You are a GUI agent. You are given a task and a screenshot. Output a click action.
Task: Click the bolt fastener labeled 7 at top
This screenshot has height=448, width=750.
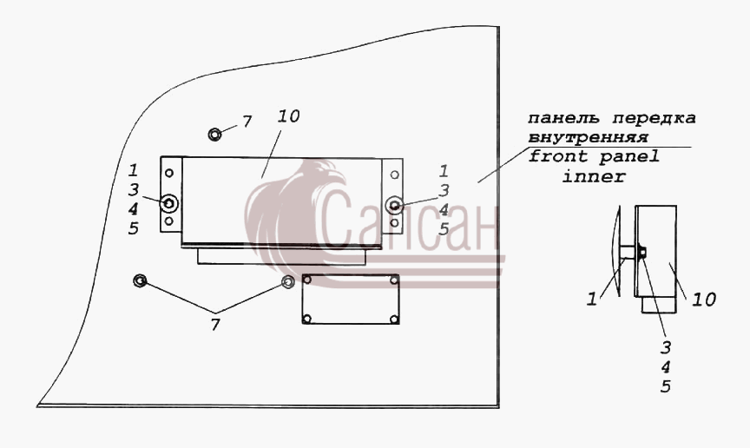coord(214,134)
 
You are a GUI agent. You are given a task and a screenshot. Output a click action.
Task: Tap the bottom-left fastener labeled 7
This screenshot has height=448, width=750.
coord(140,280)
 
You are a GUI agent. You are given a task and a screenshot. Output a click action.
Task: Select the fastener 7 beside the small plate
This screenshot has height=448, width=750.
coord(287,281)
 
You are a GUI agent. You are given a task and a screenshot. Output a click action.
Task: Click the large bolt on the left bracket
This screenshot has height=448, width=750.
coord(169,204)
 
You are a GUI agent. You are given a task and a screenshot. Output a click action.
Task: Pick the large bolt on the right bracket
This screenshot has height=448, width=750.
coord(394,205)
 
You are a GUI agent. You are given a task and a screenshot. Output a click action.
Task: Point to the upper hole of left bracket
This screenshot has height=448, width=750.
coord(169,174)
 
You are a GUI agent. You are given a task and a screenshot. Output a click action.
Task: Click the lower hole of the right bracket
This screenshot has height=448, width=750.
coord(394,223)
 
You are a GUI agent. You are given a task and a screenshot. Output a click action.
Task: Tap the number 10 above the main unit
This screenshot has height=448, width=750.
coord(288,116)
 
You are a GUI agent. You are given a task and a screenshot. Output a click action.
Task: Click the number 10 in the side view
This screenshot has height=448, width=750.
coord(704,300)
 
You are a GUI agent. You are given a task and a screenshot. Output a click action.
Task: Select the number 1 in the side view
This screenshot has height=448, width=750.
coord(592,300)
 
